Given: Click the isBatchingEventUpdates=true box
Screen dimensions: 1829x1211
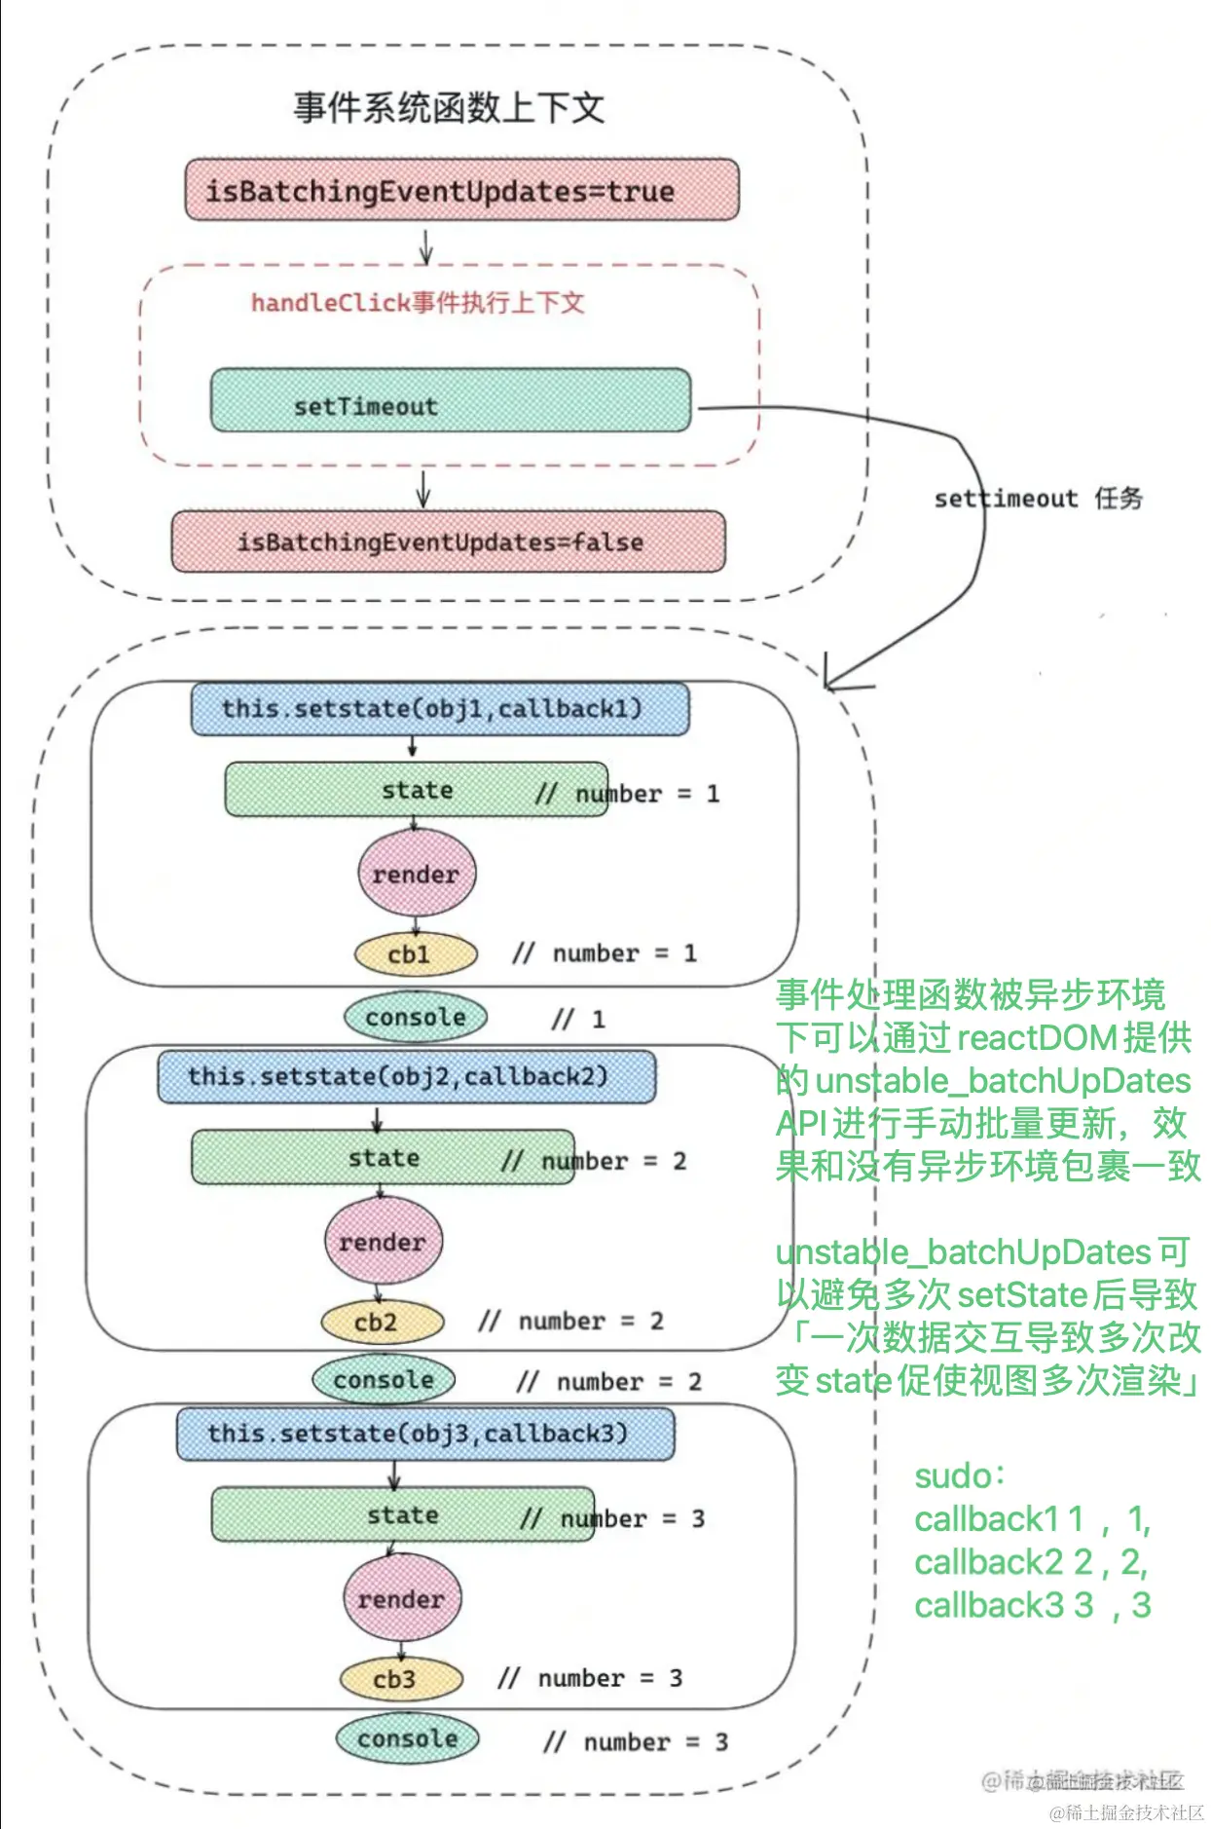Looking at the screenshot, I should [461, 190].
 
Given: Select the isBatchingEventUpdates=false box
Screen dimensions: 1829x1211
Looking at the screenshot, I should [448, 541].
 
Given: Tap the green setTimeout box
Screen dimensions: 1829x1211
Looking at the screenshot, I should [450, 400].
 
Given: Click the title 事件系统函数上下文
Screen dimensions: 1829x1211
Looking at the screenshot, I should [449, 107].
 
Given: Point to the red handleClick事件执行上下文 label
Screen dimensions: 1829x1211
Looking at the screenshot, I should [418, 303].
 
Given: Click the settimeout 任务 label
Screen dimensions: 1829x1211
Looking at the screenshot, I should [1038, 499].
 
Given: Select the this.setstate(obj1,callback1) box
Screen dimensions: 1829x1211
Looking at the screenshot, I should [439, 709].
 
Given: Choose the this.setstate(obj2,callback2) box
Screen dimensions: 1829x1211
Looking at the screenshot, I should [406, 1076].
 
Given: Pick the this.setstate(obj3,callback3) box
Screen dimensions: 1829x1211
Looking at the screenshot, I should [424, 1434].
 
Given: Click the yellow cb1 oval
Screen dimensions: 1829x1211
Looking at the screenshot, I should [416, 954].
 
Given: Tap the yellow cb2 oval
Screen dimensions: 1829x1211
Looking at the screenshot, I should [383, 1323].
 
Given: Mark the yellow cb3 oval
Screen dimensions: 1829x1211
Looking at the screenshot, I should [401, 1679].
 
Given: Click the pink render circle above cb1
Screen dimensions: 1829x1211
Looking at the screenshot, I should [417, 874].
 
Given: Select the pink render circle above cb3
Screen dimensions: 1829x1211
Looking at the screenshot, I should [401, 1599].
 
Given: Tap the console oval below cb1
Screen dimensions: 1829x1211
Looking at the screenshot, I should [416, 1018].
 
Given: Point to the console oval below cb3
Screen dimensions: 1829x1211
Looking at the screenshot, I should [407, 1738].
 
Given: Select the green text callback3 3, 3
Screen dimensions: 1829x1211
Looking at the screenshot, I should [1032, 1605].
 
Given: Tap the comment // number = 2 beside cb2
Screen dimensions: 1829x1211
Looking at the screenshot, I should [571, 1322].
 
